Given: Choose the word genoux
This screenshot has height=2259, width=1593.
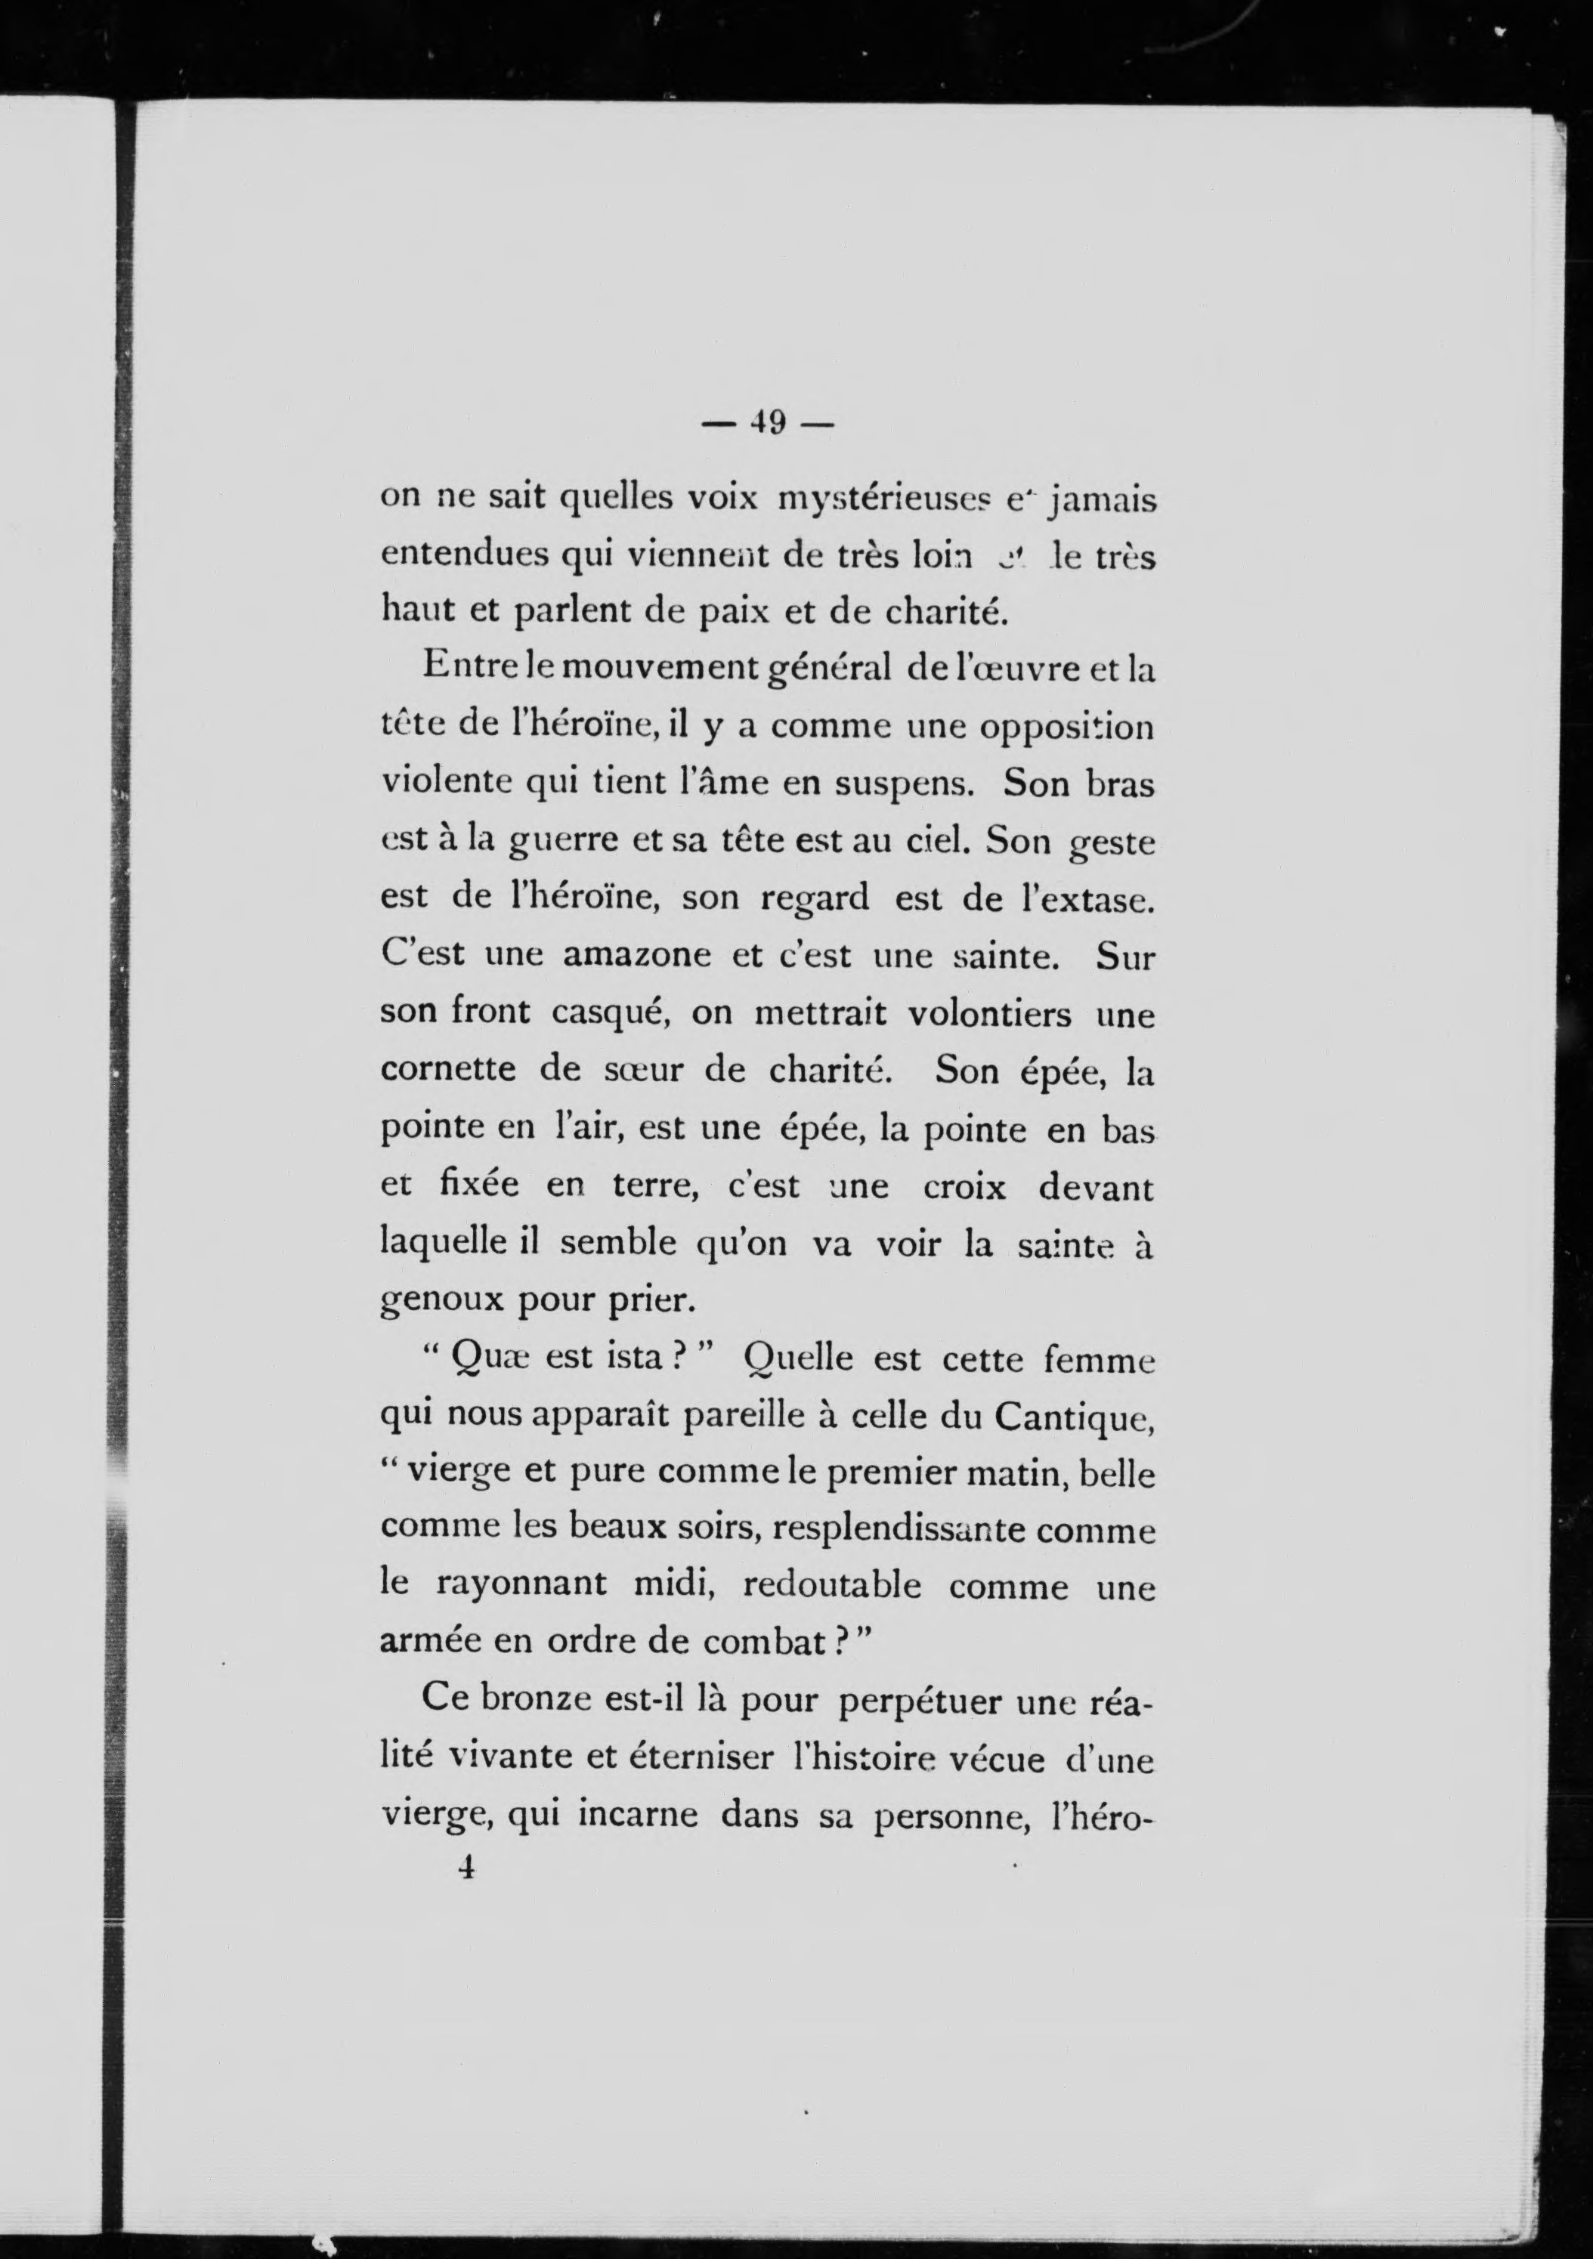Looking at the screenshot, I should point(440,1302).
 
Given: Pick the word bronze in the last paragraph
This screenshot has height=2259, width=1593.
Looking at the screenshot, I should point(534,1699).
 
